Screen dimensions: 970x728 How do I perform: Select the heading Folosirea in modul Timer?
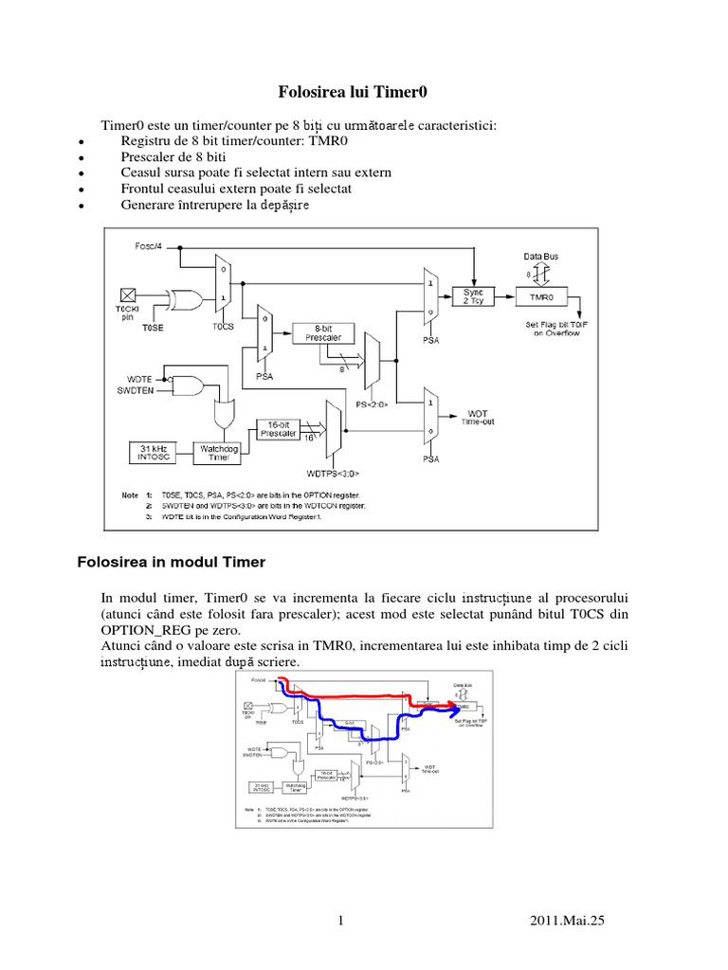tap(171, 563)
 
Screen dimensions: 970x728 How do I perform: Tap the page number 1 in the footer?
tap(339, 920)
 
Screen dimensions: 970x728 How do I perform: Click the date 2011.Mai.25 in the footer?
tap(565, 920)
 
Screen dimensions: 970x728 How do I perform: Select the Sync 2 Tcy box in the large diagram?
tap(473, 296)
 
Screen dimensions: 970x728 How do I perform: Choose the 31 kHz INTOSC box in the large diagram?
tap(153, 452)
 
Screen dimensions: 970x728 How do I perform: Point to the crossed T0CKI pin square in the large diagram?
tap(125, 295)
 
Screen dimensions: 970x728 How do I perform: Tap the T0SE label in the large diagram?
tap(154, 327)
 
